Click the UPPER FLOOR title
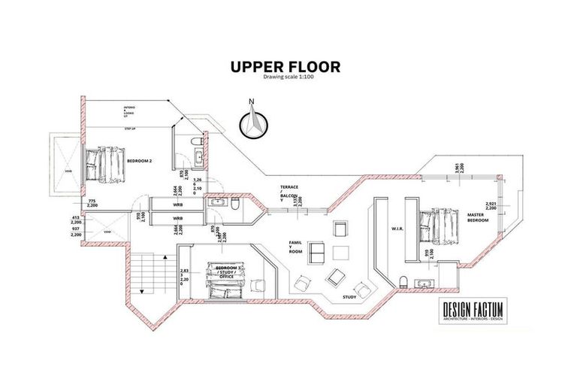pyautogui.click(x=285, y=66)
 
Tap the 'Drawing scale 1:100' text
pyautogui.click(x=285, y=77)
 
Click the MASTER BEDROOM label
pyautogui.click(x=478, y=217)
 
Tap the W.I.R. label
pyautogui.click(x=398, y=229)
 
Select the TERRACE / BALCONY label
pyautogui.click(x=290, y=193)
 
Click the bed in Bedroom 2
pyautogui.click(x=103, y=165)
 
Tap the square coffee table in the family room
pyautogui.click(x=341, y=253)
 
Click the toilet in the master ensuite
pyautogui.click(x=405, y=282)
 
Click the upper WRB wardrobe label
pyautogui.click(x=178, y=205)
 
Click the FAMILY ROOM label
pyautogui.click(x=295, y=247)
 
